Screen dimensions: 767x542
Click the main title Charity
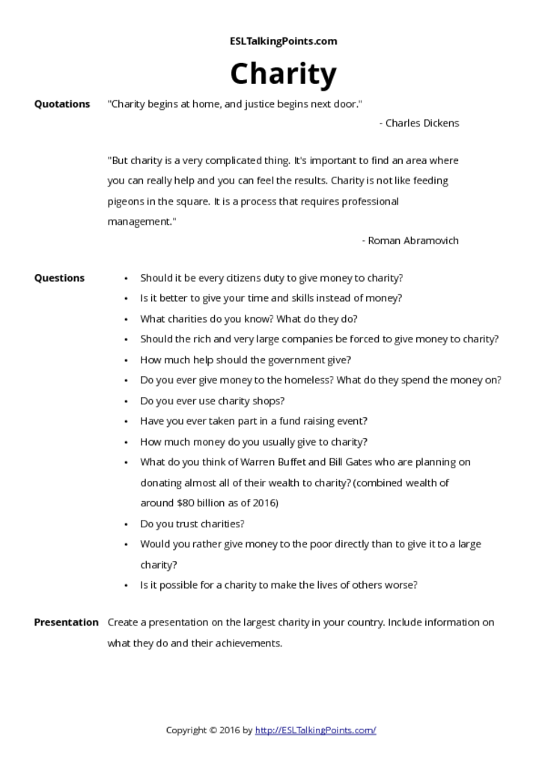(283, 74)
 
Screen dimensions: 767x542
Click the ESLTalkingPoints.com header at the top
(283, 41)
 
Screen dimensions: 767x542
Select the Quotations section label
(62, 104)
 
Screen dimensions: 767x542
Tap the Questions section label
(59, 278)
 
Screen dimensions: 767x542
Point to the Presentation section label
(66, 622)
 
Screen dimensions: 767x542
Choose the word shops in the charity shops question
(268, 401)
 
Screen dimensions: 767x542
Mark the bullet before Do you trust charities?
(126, 524)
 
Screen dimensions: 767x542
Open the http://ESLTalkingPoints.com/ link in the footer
(315, 730)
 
